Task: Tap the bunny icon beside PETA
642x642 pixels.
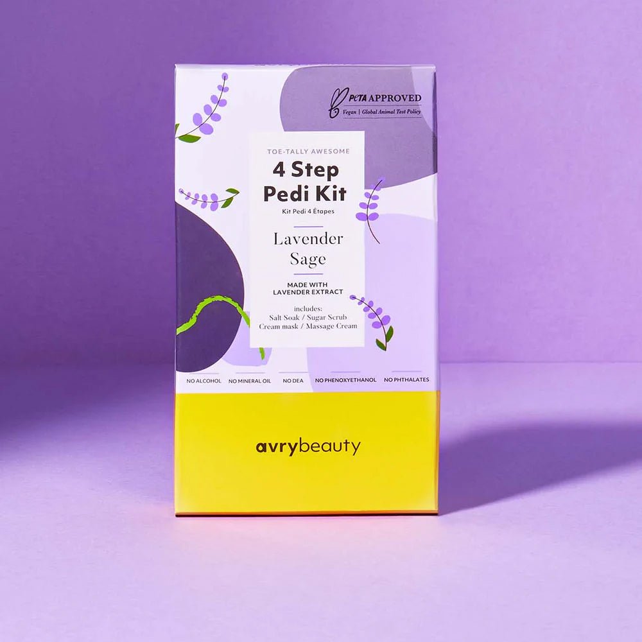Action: point(334,103)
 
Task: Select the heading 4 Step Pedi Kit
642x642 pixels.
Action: point(307,182)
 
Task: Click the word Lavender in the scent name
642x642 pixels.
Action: point(308,239)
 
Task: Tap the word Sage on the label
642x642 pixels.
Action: point(308,259)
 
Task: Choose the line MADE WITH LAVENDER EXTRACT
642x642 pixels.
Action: point(307,288)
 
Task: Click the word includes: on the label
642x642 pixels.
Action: point(307,308)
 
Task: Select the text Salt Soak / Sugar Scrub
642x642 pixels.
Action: point(307,317)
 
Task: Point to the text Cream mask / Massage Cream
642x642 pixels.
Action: point(308,327)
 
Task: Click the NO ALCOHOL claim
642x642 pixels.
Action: point(204,381)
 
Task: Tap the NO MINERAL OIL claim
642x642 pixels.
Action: point(250,381)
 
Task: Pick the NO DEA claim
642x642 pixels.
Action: point(293,381)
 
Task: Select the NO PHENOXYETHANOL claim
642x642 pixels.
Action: point(345,380)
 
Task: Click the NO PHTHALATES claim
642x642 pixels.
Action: point(406,380)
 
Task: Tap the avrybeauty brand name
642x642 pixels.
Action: point(308,447)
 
